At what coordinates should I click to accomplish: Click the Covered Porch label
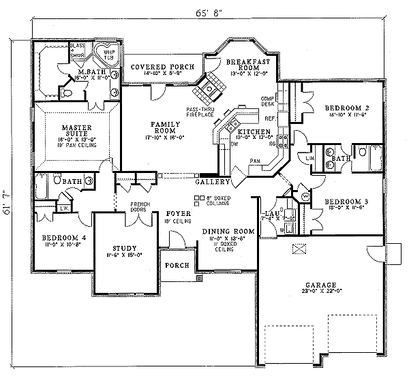tap(158, 65)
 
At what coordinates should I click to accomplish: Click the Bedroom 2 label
tap(347, 108)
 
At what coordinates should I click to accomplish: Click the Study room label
tap(124, 248)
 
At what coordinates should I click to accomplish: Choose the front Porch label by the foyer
tap(176, 266)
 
